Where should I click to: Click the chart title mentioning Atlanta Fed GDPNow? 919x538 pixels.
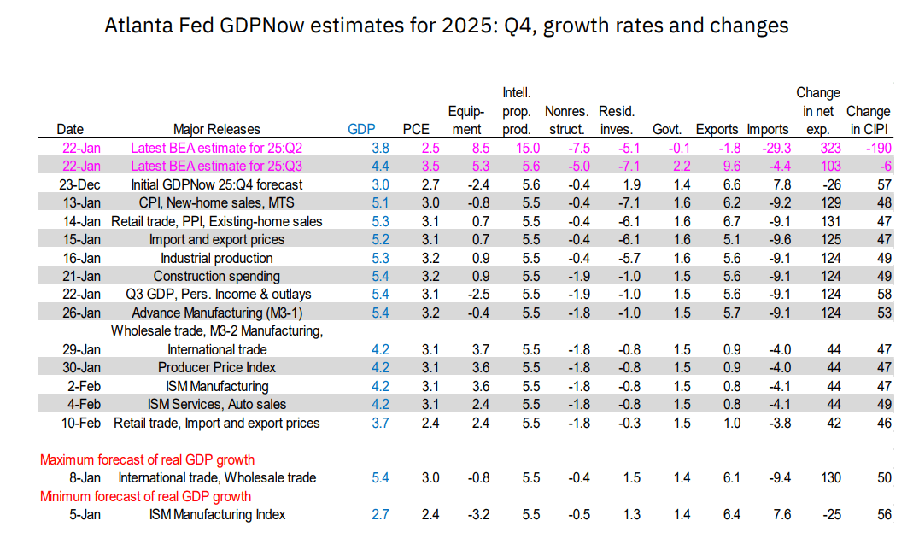tap(446, 26)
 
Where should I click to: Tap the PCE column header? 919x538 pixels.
tap(416, 130)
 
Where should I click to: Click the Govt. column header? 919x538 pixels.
tap(666, 130)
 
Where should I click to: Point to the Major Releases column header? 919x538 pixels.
tap(216, 130)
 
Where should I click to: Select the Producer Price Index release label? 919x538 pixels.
tap(217, 368)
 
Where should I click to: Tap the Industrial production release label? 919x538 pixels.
tap(217, 258)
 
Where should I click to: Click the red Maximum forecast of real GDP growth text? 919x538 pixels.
tap(147, 460)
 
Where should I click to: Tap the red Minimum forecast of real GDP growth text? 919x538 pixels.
tap(145, 496)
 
